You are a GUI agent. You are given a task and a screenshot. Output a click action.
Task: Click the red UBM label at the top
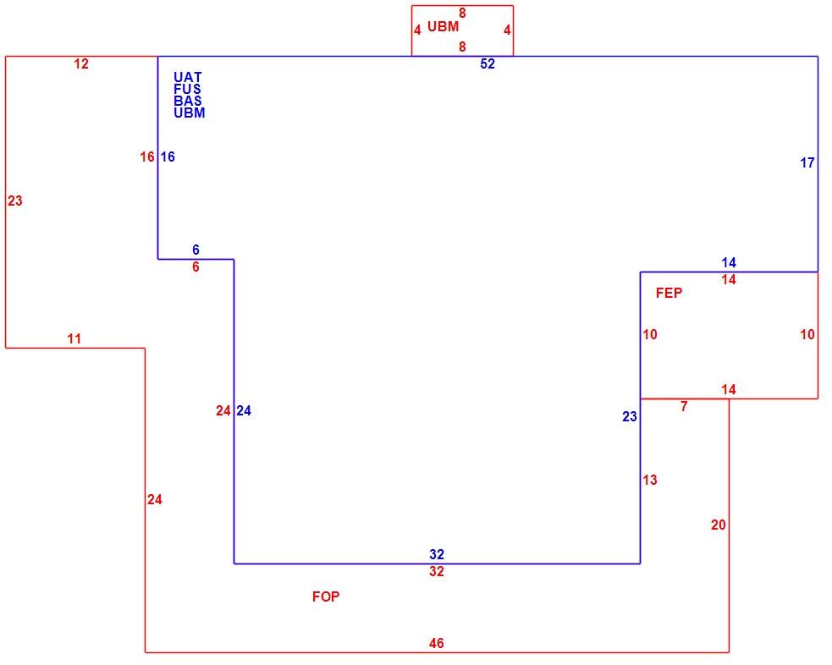pos(443,26)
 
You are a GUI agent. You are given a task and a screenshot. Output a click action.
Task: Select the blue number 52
pos(488,63)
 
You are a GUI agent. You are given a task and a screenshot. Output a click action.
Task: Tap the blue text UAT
pos(188,77)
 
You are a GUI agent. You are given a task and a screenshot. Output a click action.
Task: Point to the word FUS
pos(187,89)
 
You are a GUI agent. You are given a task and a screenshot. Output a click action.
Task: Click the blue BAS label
pos(188,100)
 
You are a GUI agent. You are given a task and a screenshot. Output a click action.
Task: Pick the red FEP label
pos(669,293)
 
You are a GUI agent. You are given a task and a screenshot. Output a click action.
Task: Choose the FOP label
pos(326,596)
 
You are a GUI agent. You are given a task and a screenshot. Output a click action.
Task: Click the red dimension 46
pos(436,643)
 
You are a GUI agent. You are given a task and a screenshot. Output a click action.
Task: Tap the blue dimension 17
pos(807,162)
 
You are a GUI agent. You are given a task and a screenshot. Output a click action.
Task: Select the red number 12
pos(81,63)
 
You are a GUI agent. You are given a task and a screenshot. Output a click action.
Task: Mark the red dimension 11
pos(74,338)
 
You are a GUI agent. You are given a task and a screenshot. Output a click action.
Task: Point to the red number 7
pos(684,406)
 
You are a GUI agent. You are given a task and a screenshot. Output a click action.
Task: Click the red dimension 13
pos(650,480)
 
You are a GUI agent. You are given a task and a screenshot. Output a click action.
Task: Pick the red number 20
pos(719,525)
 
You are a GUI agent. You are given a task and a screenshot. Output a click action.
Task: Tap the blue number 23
pos(630,416)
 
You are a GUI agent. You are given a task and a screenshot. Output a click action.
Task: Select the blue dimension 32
pos(437,554)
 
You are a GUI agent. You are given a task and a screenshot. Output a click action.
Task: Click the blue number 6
pos(196,250)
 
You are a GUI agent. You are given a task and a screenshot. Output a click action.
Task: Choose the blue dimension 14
pos(729,262)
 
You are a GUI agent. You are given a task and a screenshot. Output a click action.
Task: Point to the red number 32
pos(437,571)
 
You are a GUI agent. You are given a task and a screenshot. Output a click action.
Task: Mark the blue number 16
pos(168,157)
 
